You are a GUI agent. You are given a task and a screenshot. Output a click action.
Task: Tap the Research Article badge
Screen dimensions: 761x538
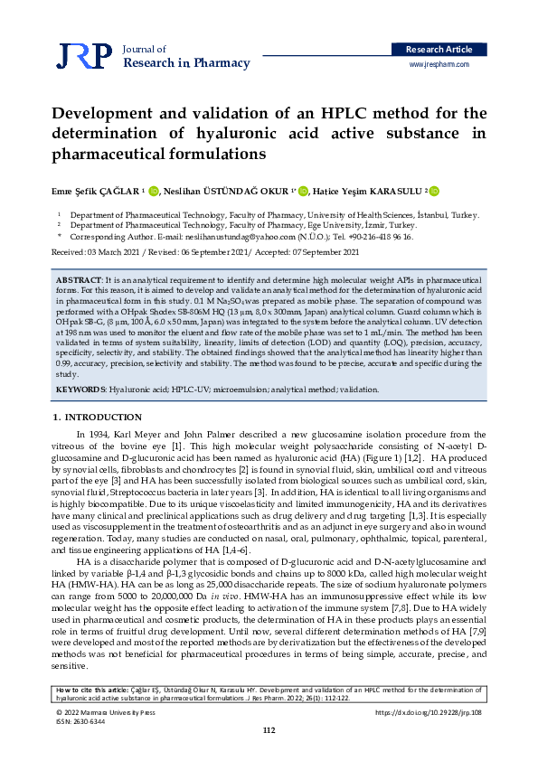point(438,49)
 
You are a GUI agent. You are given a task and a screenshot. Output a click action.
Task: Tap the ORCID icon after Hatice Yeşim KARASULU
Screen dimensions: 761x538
point(434,191)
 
